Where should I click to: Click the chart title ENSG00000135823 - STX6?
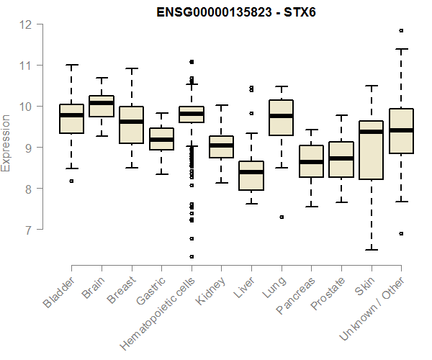[x=236, y=12]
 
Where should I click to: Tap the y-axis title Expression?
[x=6, y=143]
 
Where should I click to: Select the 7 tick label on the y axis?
[x=26, y=230]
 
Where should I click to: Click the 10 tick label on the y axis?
[x=26, y=107]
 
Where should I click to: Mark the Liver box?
[x=251, y=176]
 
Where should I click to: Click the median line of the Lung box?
[x=281, y=116]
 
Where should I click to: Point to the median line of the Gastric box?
[x=161, y=139]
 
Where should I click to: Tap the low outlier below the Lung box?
[x=281, y=217]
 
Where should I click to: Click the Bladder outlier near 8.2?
[x=71, y=181]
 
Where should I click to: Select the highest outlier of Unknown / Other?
[x=401, y=31]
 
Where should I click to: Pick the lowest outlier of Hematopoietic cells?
[x=192, y=256]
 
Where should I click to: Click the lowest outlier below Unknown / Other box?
[x=401, y=233]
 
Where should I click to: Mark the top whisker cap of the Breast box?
[x=132, y=68]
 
